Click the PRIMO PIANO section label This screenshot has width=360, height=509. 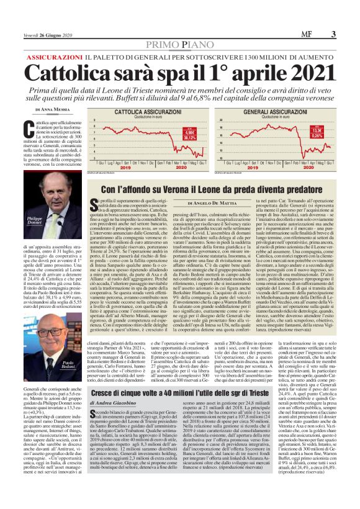(x=179, y=42)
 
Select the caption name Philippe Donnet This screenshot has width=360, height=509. (x=35, y=222)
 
